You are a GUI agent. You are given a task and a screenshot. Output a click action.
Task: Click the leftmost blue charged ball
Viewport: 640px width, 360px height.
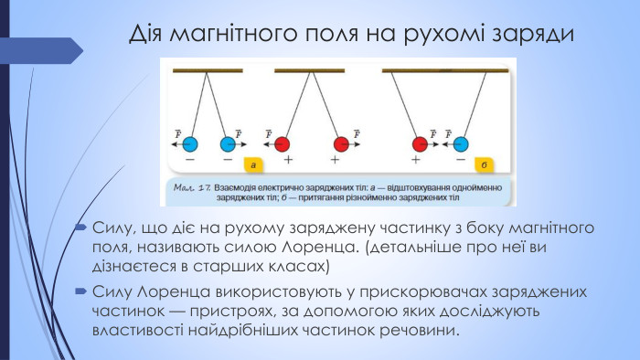pyautogui.click(x=189, y=143)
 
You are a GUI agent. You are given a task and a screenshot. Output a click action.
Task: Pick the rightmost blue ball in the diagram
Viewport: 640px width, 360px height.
pyautogui.click(x=461, y=143)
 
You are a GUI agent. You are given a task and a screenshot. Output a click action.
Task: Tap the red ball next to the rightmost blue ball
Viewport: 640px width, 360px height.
pyautogui.click(x=421, y=143)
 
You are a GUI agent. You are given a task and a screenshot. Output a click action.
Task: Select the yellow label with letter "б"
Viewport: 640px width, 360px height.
pyautogui.click(x=484, y=165)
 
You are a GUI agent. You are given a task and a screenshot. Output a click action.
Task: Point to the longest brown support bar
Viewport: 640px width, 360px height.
pyautogui.click(x=443, y=70)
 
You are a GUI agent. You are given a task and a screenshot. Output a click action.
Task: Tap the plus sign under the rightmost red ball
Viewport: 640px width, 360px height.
pyautogui.click(x=417, y=160)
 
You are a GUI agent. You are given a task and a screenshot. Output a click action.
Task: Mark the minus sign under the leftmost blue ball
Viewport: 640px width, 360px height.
pyautogui.click(x=189, y=160)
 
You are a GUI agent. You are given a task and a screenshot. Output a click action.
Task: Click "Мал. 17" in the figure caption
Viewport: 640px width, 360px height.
pyautogui.click(x=190, y=186)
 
